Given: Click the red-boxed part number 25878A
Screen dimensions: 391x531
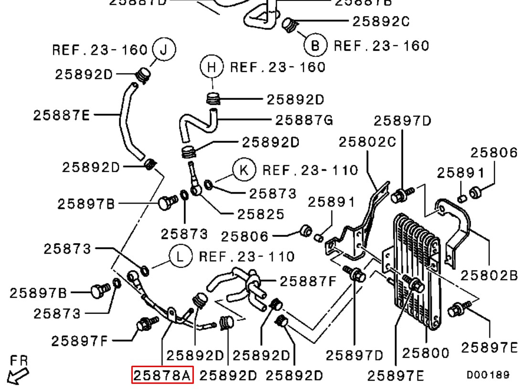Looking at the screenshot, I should (x=162, y=375).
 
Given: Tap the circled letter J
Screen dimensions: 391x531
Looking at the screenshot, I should (x=164, y=50).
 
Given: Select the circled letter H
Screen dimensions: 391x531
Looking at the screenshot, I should (x=212, y=67).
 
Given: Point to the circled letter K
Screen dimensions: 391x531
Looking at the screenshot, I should (x=244, y=170).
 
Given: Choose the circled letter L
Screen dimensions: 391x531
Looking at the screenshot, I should (x=180, y=257).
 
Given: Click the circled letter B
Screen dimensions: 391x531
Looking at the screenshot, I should (x=315, y=45).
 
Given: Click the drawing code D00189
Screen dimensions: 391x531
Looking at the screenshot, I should (x=488, y=375).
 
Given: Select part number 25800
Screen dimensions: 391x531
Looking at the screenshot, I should (x=425, y=353).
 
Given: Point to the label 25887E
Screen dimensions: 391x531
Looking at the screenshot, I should (x=61, y=115).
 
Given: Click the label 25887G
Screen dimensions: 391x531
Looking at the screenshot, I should (x=304, y=120).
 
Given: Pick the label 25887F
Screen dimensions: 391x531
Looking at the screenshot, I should (x=308, y=281).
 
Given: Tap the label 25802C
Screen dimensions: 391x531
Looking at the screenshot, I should (x=367, y=142).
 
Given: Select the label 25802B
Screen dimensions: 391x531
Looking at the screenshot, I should (x=489, y=275).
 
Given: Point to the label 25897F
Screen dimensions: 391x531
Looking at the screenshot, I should (x=80, y=340).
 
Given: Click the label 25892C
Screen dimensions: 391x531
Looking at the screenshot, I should (x=381, y=21).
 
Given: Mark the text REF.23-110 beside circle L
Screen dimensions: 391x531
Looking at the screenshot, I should (x=246, y=257).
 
